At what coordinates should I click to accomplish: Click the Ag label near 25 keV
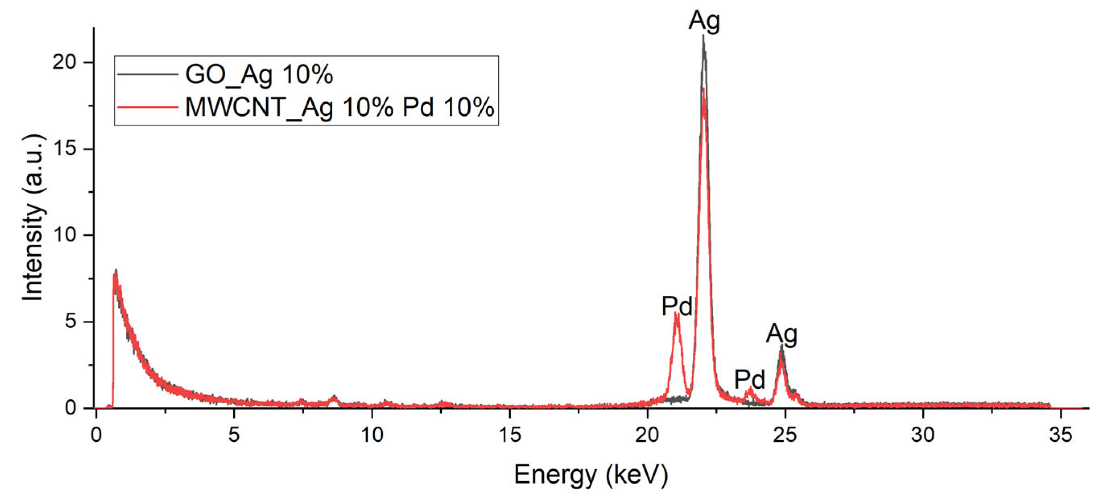coord(781,334)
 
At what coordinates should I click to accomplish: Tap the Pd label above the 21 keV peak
coord(677,306)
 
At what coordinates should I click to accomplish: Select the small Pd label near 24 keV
coord(750,379)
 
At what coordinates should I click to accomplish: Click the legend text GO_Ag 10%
coord(259,75)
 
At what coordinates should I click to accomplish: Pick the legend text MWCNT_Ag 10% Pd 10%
coord(340,107)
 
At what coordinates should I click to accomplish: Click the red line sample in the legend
coord(148,107)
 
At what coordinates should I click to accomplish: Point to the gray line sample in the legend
coord(148,74)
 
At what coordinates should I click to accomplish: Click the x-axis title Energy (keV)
coord(591,474)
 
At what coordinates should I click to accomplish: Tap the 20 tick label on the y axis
coord(64,62)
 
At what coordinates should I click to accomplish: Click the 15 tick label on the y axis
coord(64,149)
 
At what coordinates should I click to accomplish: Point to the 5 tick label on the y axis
coord(70,322)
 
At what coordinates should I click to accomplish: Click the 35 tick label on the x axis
coord(1060,435)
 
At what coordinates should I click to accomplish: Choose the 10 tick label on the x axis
coord(372,435)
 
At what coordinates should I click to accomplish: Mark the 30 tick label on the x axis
coord(923,435)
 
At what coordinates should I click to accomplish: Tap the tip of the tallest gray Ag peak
coord(703,36)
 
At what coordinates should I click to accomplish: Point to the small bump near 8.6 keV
coord(334,397)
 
